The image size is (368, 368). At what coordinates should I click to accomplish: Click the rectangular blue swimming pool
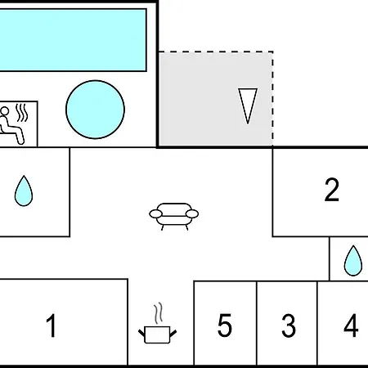coord(73,40)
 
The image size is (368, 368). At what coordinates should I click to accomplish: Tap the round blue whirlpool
coord(95,110)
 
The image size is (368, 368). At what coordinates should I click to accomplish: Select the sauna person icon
coord(11,125)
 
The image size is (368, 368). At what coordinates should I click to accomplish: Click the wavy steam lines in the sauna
coord(22,112)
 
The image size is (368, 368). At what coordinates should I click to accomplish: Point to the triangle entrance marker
coord(248,105)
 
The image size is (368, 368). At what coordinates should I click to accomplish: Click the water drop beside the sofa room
coord(24,191)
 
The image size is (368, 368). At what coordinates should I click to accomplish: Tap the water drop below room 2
coord(353,261)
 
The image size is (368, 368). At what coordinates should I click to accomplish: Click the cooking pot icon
coord(157,334)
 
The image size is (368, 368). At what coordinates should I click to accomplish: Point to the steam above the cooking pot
coord(158,313)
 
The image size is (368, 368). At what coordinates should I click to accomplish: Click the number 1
coord(52,325)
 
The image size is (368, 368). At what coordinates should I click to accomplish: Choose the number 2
coord(332,190)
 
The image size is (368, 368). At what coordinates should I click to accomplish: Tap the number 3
coord(289,325)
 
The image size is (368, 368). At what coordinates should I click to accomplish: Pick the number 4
coord(351,325)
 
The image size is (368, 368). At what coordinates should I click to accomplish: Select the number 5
coord(225,325)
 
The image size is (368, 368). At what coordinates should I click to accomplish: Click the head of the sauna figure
coord(5,111)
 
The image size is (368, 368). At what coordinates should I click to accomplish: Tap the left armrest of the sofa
coord(155,214)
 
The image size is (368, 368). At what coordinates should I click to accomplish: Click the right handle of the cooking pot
coord(173,333)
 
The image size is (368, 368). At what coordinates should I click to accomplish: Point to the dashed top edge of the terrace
coord(216,52)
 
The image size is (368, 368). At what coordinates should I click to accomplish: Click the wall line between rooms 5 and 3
coord(257,323)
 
